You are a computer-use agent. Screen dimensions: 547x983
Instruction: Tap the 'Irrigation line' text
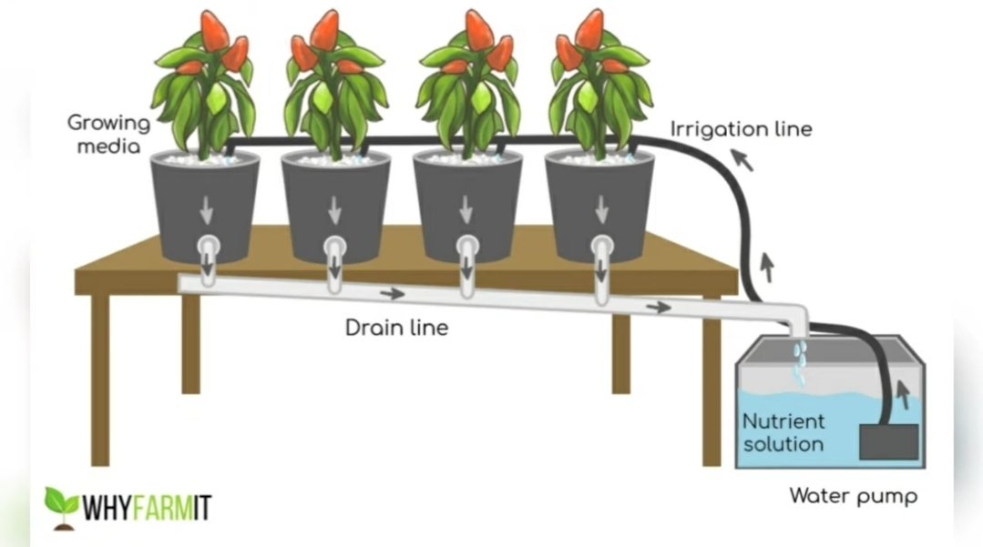[x=741, y=128]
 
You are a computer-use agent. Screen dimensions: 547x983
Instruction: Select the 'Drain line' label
[x=396, y=328]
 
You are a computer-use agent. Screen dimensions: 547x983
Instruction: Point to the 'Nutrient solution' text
[x=783, y=433]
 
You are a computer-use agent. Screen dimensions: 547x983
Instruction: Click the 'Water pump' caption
[x=853, y=497]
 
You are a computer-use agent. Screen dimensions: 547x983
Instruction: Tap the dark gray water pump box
[x=889, y=441]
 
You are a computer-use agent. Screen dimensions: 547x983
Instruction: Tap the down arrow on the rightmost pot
[x=600, y=210]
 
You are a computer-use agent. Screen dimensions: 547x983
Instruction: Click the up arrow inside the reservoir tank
[x=903, y=394]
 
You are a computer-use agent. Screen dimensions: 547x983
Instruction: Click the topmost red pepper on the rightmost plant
[x=590, y=30]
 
